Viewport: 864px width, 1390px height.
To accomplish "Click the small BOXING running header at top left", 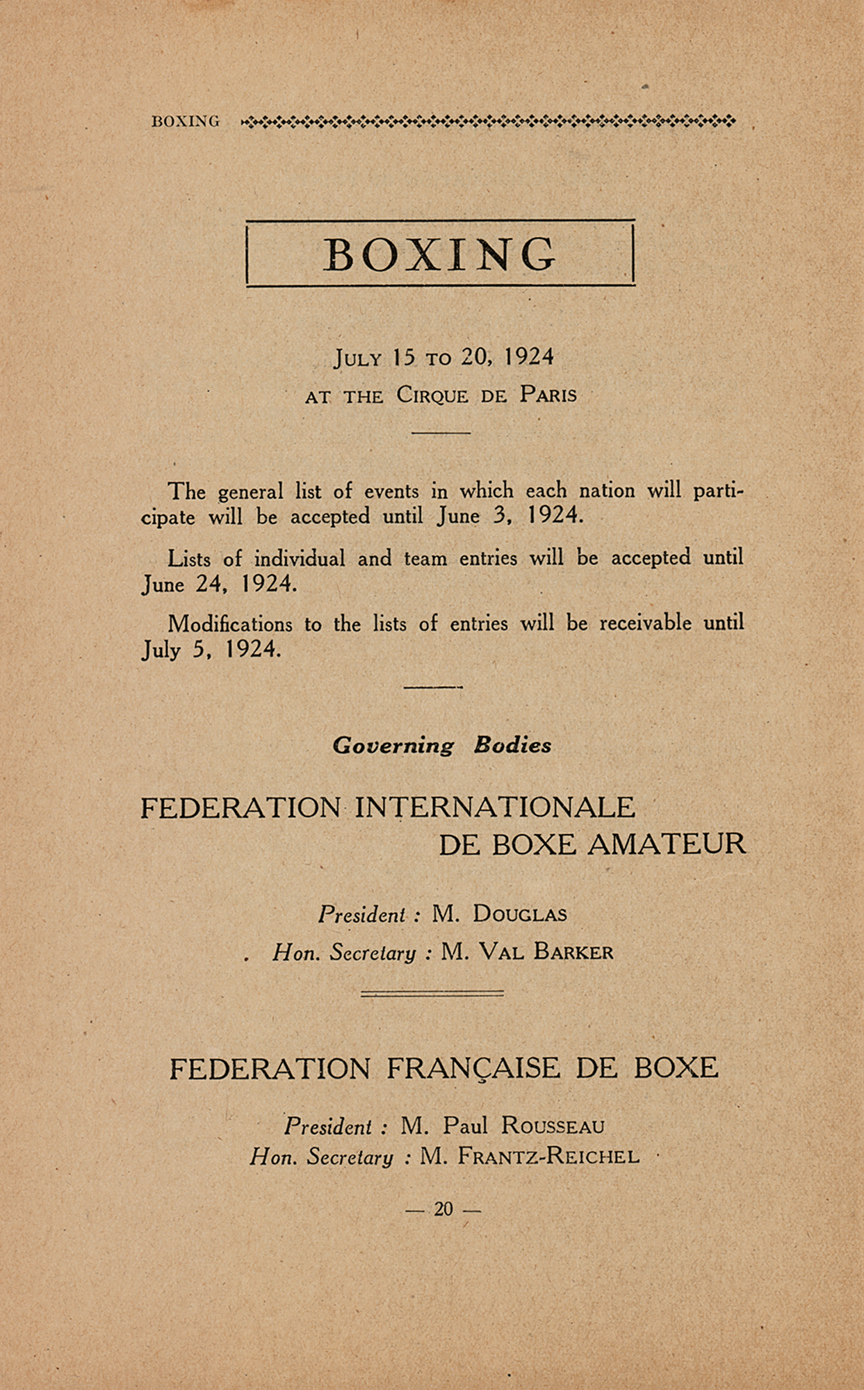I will point(186,122).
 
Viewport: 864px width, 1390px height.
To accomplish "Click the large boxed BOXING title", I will point(440,254).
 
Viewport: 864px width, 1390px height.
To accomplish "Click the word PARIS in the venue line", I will point(548,395).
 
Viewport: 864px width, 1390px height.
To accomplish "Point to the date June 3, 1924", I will point(510,516).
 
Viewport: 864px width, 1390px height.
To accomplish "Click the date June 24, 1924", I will point(220,584).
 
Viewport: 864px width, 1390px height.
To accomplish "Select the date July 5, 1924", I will point(212,650).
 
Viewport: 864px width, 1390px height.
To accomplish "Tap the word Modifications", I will point(230,623).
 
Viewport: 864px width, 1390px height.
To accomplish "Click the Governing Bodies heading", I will point(442,745).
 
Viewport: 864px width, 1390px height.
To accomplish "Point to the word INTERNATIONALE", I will point(495,808).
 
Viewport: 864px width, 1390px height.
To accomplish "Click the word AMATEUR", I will point(667,844).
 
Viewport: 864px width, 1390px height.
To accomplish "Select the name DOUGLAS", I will point(519,914).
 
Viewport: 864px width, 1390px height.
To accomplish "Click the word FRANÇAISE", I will point(473,1068).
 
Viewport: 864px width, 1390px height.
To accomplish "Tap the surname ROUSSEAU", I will point(553,1125).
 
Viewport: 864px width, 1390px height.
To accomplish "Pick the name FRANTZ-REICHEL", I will point(548,1156).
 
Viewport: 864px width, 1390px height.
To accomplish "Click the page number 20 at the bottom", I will point(443,1209).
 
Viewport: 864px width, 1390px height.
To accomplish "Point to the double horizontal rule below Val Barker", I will point(432,994).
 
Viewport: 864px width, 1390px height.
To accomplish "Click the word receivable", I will point(645,623).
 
